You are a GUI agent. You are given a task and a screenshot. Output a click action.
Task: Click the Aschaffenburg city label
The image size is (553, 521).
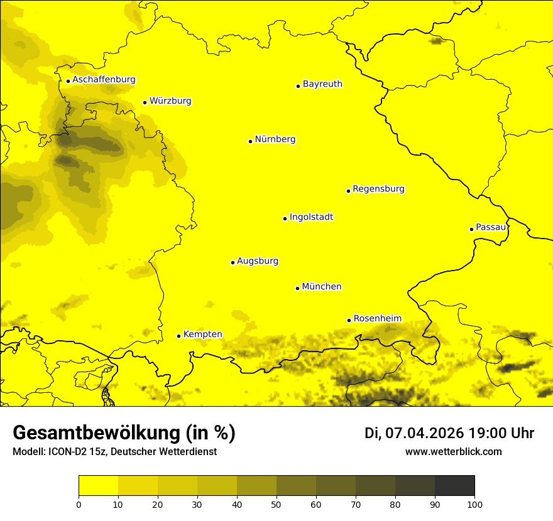[x=104, y=80]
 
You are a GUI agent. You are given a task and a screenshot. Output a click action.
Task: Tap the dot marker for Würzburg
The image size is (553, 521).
[x=145, y=102]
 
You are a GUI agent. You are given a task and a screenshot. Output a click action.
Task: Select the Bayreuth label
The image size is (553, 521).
[x=322, y=84]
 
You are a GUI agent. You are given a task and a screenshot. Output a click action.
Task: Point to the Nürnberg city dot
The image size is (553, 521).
[x=250, y=141]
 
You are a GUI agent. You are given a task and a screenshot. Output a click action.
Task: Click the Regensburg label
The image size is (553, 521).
[x=378, y=189]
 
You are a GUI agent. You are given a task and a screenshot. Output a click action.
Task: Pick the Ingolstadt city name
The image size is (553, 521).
[x=311, y=217]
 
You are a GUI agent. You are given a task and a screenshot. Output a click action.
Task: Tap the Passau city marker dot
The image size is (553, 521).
[x=471, y=229]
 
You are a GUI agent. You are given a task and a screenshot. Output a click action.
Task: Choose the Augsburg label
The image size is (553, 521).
[x=258, y=261]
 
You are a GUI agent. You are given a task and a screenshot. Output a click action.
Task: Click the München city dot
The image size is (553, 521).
[x=297, y=288]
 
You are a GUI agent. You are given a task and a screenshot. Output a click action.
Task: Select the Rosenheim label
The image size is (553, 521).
[x=377, y=319]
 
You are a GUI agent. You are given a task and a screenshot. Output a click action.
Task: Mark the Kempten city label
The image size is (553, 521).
[x=202, y=335]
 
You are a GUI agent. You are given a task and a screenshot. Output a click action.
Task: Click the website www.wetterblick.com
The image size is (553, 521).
[x=453, y=452]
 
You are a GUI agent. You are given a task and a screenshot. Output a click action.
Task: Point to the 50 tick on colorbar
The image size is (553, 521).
[x=276, y=503]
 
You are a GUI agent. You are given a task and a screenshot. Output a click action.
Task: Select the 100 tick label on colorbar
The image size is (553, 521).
[x=474, y=503]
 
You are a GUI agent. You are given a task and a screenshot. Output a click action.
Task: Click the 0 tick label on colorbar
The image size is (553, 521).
[x=79, y=503]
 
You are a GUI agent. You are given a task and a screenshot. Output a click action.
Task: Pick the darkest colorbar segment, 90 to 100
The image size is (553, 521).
[x=454, y=485]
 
